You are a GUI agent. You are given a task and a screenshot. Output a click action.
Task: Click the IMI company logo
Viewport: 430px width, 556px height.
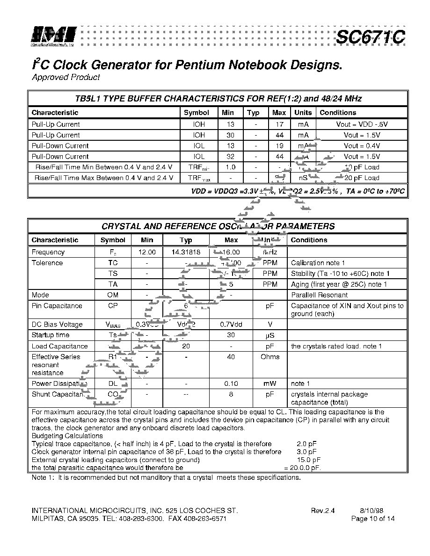(x=53, y=36)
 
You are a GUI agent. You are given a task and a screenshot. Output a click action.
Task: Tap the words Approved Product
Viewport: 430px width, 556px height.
(x=66, y=77)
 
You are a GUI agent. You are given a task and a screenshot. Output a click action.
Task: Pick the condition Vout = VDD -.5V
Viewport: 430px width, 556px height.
(x=362, y=124)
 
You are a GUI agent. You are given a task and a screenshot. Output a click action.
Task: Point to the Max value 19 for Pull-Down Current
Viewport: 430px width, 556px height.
(x=279, y=146)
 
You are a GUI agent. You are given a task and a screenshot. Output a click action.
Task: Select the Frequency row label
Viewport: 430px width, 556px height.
(x=48, y=252)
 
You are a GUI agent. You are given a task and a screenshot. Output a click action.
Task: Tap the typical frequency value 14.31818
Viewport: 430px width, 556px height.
(x=186, y=252)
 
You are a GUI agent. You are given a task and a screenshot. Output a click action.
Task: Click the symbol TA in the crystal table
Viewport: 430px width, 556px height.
(x=113, y=284)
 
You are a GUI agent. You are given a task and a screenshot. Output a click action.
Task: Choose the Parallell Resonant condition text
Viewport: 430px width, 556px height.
(x=320, y=295)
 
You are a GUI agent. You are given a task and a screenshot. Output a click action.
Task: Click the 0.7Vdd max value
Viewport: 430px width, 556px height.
(x=231, y=325)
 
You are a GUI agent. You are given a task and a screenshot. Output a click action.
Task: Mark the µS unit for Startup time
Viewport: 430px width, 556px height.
(x=270, y=335)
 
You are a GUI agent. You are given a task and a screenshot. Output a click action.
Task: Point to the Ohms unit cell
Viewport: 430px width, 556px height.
(x=270, y=357)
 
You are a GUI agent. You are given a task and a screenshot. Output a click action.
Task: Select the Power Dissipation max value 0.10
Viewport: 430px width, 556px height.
(x=231, y=383)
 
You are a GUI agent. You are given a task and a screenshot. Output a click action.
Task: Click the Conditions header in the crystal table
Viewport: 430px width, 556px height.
(x=309, y=240)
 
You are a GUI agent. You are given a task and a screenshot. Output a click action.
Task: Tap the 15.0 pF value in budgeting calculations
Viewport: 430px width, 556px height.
(x=306, y=460)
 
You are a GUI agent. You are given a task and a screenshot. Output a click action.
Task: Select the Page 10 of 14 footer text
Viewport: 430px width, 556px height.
(x=373, y=519)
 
